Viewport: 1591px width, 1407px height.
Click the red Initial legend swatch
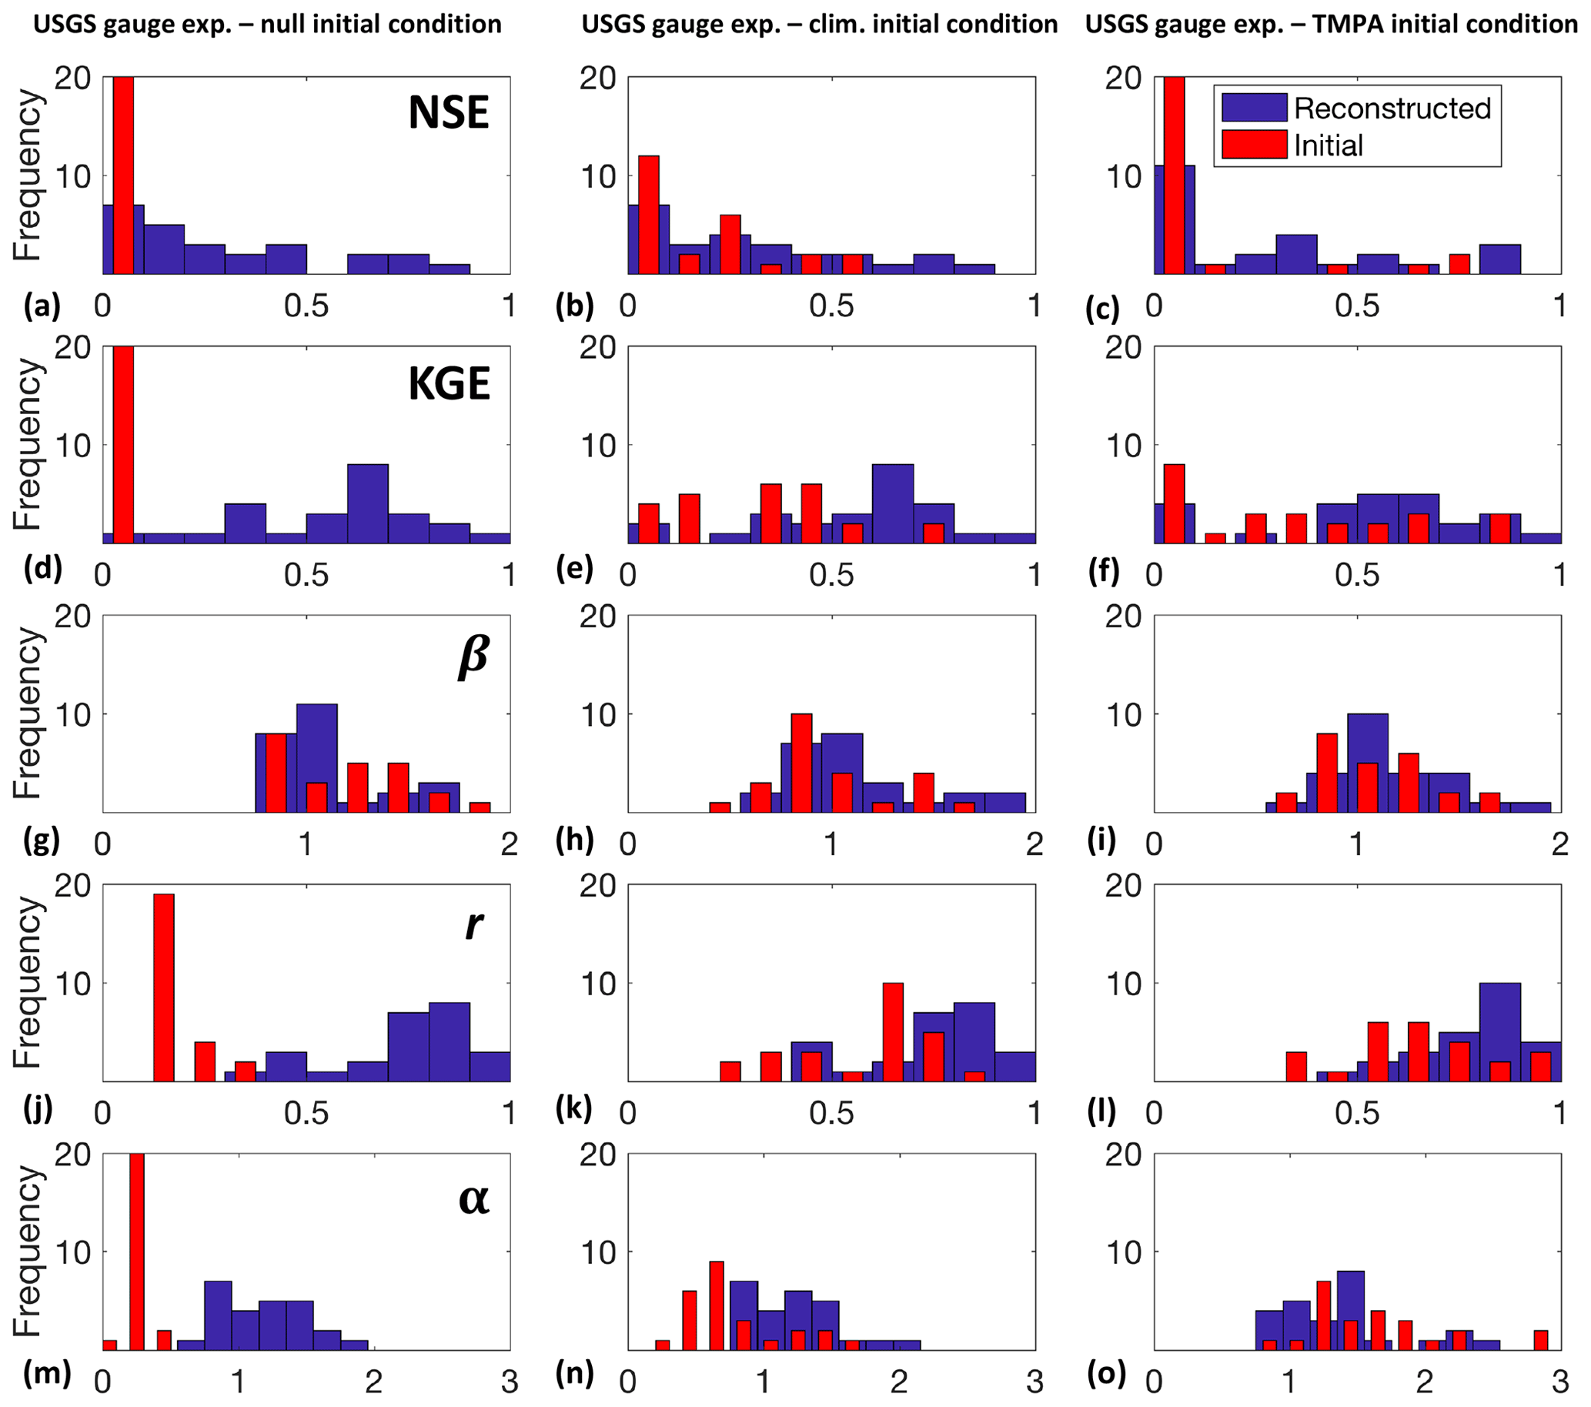tap(1253, 145)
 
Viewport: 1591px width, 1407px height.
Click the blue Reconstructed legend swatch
tap(1253, 108)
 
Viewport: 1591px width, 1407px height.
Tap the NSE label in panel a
tap(448, 114)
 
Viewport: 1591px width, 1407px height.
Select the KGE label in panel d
tap(449, 383)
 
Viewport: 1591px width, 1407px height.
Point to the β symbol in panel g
tap(473, 655)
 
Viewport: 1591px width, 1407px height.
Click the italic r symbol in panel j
tap(473, 924)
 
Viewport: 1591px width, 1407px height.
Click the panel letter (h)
tap(574, 840)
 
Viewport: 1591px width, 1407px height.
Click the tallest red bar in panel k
tap(893, 1032)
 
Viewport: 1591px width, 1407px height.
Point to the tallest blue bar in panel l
tap(1499, 1032)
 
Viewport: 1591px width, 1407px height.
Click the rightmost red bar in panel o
tap(1540, 1339)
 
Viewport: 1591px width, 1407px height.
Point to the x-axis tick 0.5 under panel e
tap(831, 575)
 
